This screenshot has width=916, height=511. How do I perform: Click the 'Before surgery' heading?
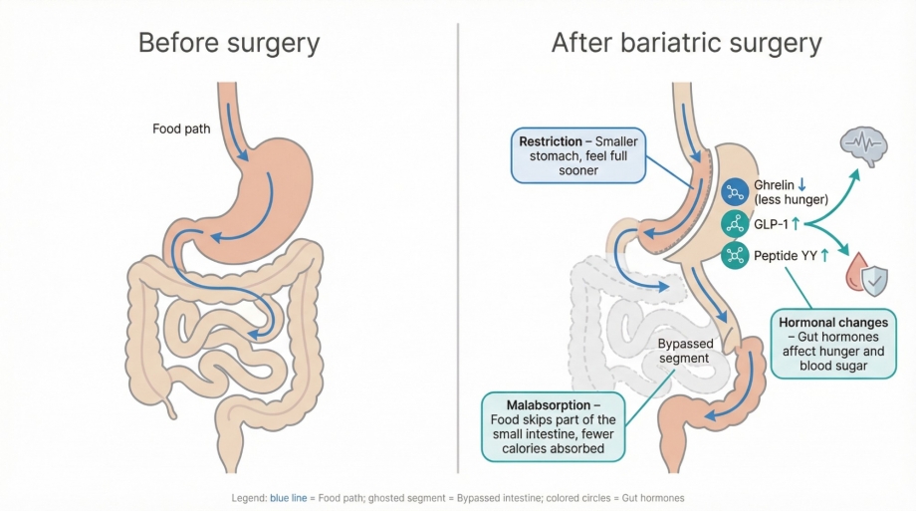(229, 44)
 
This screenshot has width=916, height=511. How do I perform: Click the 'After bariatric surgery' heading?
(686, 44)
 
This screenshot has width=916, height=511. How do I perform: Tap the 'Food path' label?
(181, 128)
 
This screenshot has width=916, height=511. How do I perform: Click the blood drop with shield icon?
(865, 274)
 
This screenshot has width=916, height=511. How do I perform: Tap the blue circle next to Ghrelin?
(735, 191)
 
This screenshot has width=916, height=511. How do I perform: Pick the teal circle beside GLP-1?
(735, 223)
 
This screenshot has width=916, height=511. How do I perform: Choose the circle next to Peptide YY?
(735, 255)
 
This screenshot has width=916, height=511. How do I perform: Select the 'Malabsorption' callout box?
(556, 426)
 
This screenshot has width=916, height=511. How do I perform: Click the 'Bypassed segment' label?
(683, 351)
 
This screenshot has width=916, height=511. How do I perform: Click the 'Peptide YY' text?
(786, 256)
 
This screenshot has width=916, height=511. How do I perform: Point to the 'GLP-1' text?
(771, 224)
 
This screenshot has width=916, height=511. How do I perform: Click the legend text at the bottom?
(457, 497)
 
